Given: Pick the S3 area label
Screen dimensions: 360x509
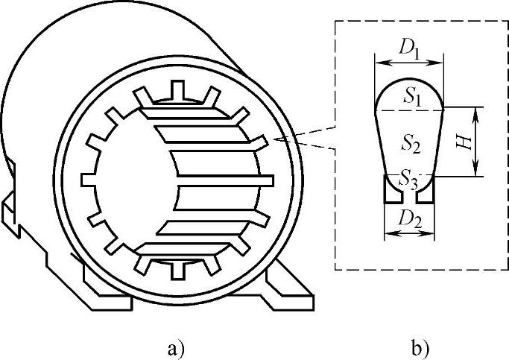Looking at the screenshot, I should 408,177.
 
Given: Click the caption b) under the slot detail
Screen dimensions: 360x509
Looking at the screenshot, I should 418,347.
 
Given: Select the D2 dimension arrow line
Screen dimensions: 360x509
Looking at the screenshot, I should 408,234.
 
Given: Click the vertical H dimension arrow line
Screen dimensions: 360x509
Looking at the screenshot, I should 478,142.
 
